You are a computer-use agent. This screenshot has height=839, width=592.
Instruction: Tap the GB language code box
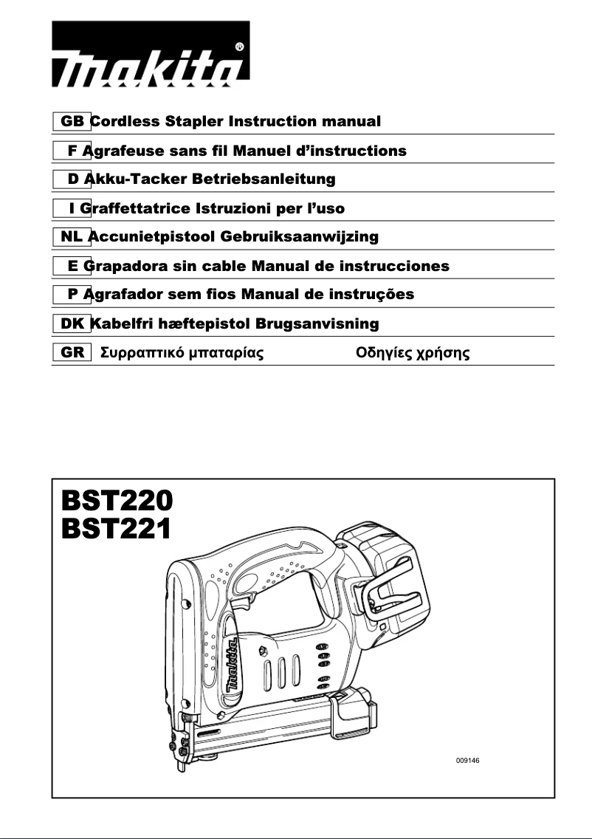72,121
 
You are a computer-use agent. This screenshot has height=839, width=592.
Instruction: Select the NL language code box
72,236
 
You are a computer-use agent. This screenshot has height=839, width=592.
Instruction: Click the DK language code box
72,323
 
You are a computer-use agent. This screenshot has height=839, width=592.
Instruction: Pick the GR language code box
72,352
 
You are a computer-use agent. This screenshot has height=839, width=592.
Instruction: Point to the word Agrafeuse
118,151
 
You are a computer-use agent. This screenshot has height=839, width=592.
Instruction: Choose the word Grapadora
122,266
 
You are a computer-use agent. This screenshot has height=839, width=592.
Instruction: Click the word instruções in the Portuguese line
371,295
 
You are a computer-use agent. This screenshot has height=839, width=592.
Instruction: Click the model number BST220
116,502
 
